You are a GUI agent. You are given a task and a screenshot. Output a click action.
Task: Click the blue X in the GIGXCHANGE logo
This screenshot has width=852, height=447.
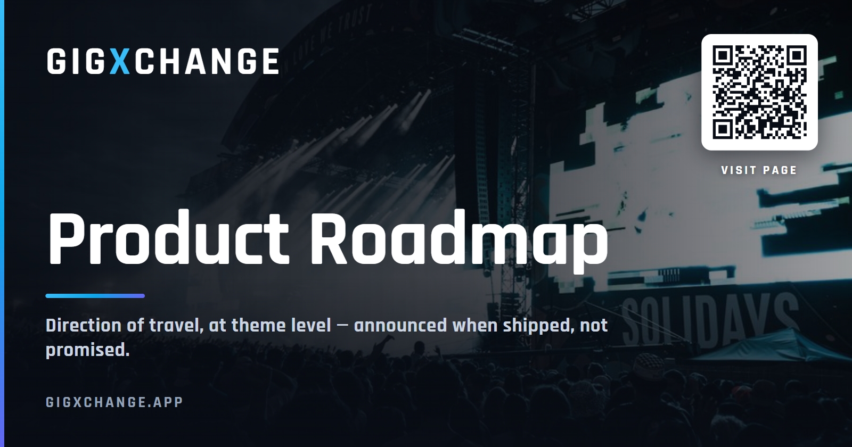point(120,61)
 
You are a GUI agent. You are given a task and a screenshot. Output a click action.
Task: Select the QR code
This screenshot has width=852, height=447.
point(759,92)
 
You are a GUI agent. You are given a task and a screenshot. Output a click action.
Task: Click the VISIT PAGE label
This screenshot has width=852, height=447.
point(759,170)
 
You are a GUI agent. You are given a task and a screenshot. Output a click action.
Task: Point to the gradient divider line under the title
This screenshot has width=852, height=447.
point(95,296)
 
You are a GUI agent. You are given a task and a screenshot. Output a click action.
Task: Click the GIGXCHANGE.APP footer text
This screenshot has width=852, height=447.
point(114,402)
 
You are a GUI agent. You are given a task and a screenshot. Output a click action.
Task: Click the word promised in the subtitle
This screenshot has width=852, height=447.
point(87,350)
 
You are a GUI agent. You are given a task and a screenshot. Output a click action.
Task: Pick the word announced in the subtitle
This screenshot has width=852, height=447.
point(400,326)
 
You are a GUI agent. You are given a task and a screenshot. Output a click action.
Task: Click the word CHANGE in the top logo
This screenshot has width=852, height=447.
point(207,61)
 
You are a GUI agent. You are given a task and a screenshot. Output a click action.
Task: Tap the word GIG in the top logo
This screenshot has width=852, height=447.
point(76,61)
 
